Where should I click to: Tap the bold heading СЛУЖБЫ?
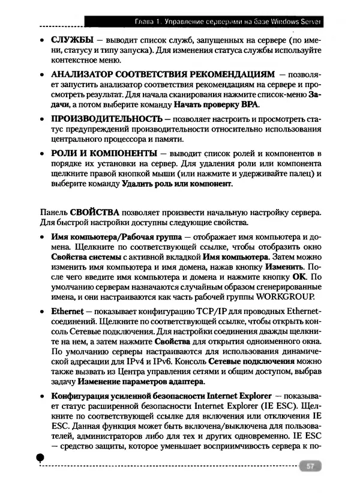point(72,40)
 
